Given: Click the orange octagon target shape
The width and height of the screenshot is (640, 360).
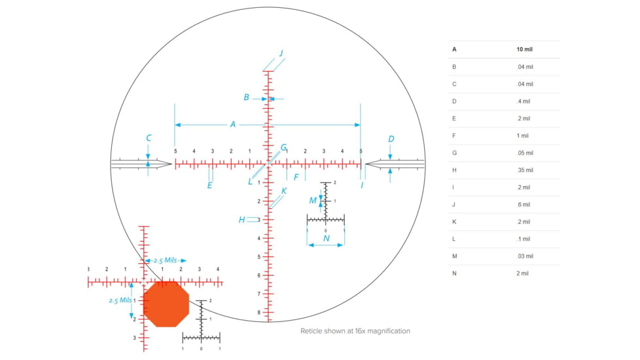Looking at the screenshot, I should [x=166, y=304].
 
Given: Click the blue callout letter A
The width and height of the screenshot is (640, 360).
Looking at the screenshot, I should [x=232, y=124].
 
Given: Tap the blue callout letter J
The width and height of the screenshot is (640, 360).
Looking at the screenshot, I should [x=281, y=53].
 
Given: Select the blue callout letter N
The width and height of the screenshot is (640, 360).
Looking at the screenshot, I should [x=327, y=238].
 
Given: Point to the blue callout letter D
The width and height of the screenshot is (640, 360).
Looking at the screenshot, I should [x=391, y=139].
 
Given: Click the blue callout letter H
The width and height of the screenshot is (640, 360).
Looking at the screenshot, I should [x=241, y=220].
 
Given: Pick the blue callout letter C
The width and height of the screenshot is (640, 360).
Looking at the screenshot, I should [x=149, y=138].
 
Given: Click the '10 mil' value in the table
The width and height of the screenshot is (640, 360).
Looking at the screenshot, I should [x=525, y=50].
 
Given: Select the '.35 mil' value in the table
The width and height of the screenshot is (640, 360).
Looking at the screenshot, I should [x=524, y=170].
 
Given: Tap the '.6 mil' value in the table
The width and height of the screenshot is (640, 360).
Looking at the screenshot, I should [x=523, y=204].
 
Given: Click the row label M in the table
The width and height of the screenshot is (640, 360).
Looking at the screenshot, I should [x=454, y=256].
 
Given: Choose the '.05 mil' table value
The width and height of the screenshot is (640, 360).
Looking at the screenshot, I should [x=524, y=153].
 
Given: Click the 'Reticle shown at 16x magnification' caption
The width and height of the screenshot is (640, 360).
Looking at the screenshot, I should [x=355, y=331].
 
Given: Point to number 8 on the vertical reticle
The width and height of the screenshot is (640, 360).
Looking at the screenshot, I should [x=259, y=312].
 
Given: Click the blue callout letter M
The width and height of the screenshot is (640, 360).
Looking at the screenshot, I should [x=313, y=200].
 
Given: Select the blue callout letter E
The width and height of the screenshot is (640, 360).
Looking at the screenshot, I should [x=209, y=185].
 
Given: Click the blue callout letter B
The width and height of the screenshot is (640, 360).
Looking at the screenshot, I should [x=246, y=98].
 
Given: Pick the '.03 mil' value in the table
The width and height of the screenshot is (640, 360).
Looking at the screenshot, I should [x=524, y=256].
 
